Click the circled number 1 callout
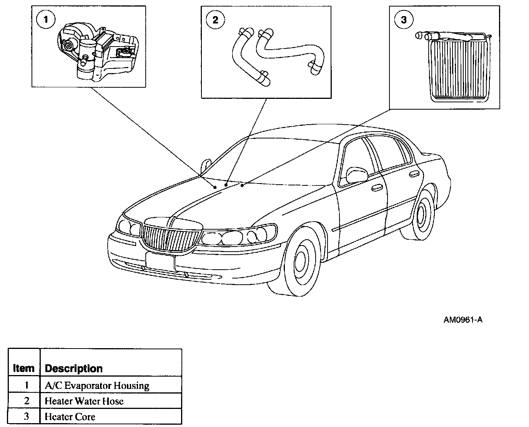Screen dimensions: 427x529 [46, 19]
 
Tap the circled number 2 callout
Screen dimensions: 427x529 [215, 20]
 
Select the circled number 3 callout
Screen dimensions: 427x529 [403, 20]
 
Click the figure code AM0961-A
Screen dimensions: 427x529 [462, 320]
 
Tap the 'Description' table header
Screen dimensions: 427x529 [74, 369]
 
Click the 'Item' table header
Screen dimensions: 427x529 [23, 369]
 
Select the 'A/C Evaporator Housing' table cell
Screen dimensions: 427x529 [97, 385]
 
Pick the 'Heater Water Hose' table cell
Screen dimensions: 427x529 [84, 401]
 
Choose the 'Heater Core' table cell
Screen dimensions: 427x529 [70, 417]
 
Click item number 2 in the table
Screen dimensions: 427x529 [27, 401]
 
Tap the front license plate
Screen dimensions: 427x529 [161, 262]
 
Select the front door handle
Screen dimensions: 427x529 [377, 187]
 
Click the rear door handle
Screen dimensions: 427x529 [414, 173]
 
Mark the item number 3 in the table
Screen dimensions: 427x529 [27, 417]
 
